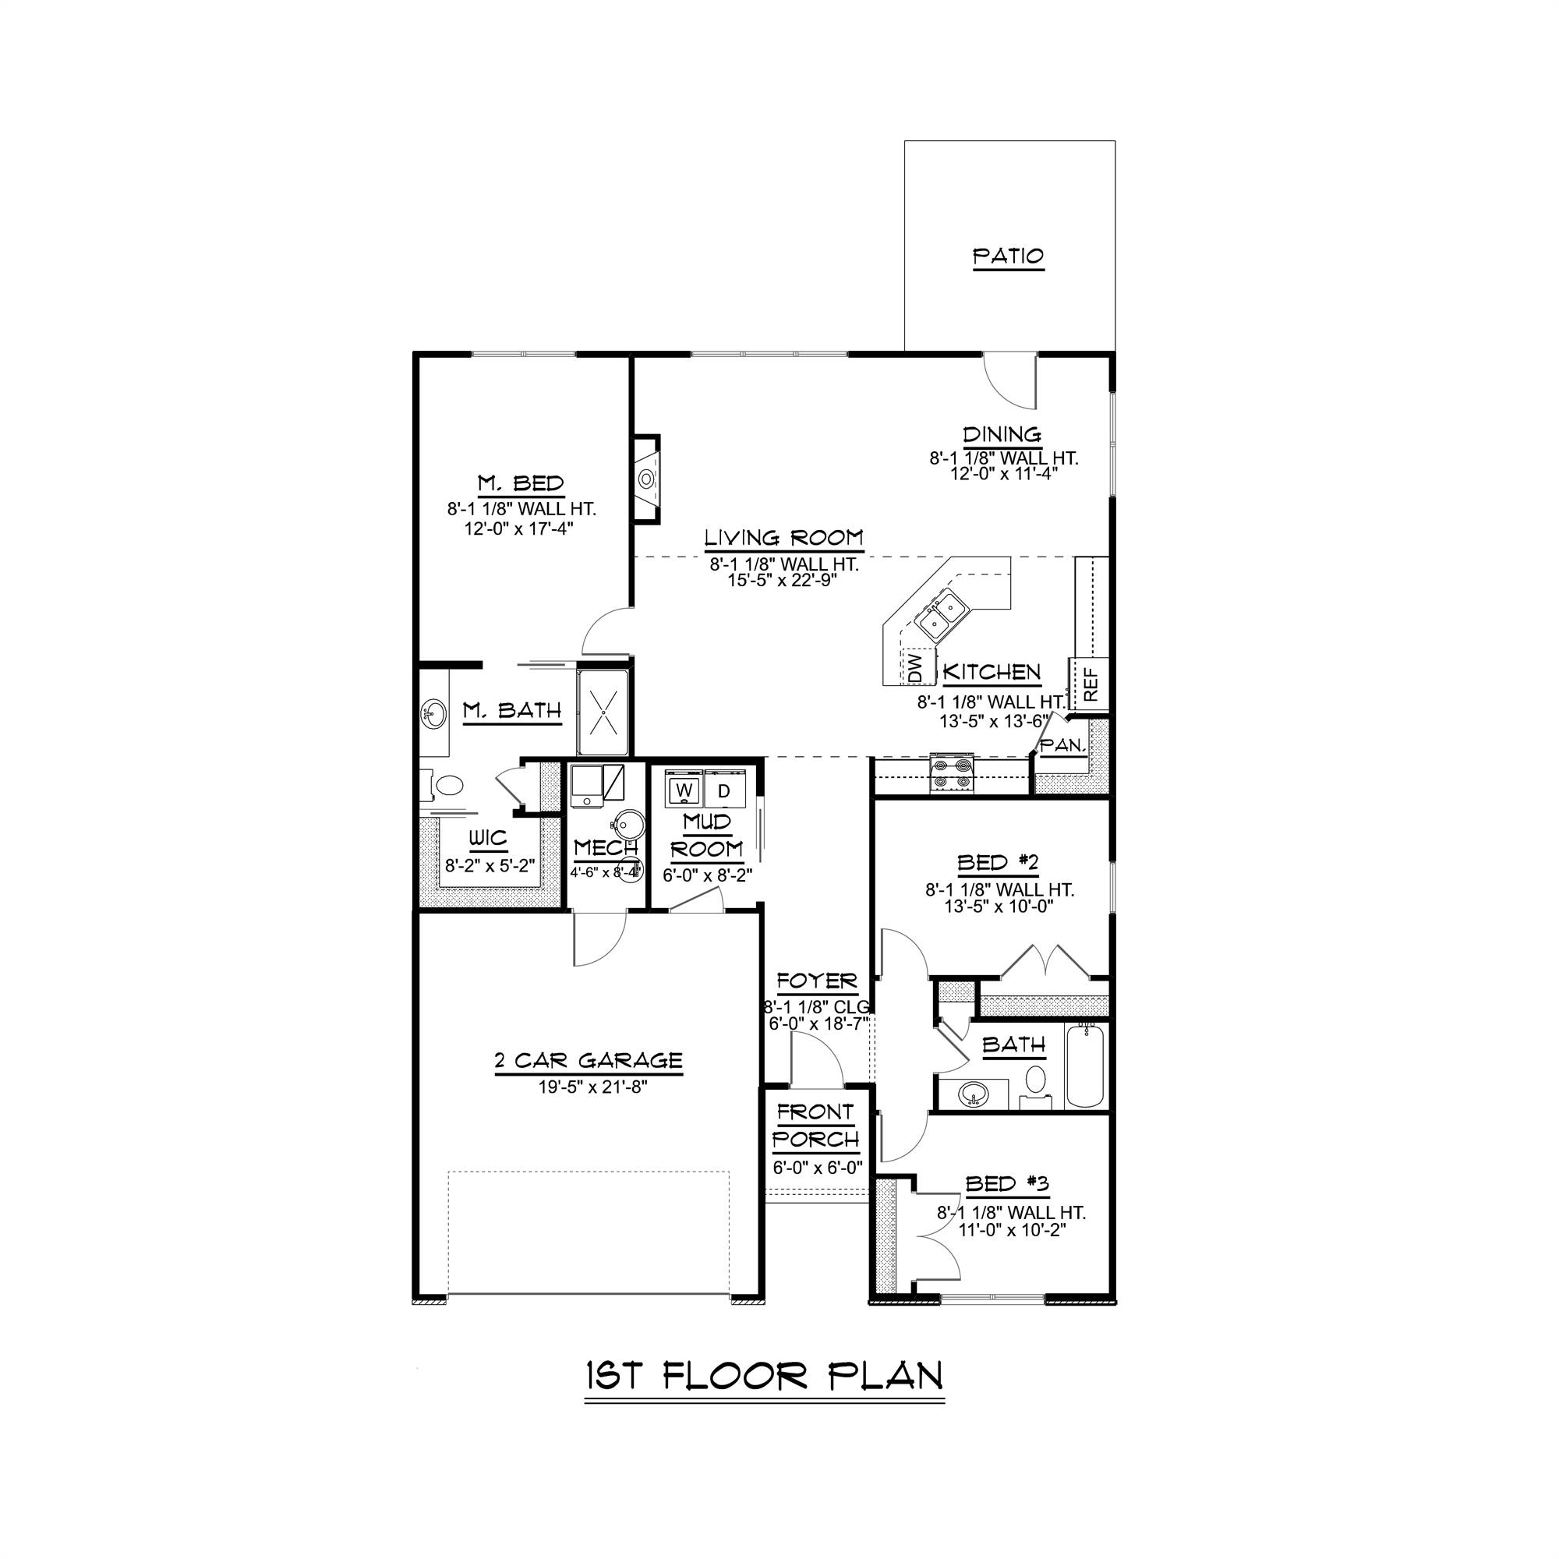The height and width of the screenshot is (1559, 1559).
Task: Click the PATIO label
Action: point(1008,256)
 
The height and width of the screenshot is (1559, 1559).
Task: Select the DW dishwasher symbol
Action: point(915,667)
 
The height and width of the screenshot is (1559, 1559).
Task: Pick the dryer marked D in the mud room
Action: point(725,790)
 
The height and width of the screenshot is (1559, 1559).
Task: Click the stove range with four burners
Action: point(953,772)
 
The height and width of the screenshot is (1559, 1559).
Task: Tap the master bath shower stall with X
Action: point(603,712)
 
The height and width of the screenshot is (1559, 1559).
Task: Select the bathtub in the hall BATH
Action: point(1085,1065)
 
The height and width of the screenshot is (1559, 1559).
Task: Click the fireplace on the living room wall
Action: point(646,479)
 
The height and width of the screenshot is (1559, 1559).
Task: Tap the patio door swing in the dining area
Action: point(1010,380)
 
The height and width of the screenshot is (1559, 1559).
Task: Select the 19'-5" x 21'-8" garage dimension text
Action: point(593,1087)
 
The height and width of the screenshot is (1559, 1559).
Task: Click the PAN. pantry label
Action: point(1062,746)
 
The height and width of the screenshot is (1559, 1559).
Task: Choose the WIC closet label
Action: point(488,839)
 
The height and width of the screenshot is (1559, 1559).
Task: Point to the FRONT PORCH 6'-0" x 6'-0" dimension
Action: point(818,1168)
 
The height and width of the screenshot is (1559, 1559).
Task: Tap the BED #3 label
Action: point(1007,1184)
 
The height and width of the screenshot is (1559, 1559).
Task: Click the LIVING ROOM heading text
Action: point(783,537)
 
